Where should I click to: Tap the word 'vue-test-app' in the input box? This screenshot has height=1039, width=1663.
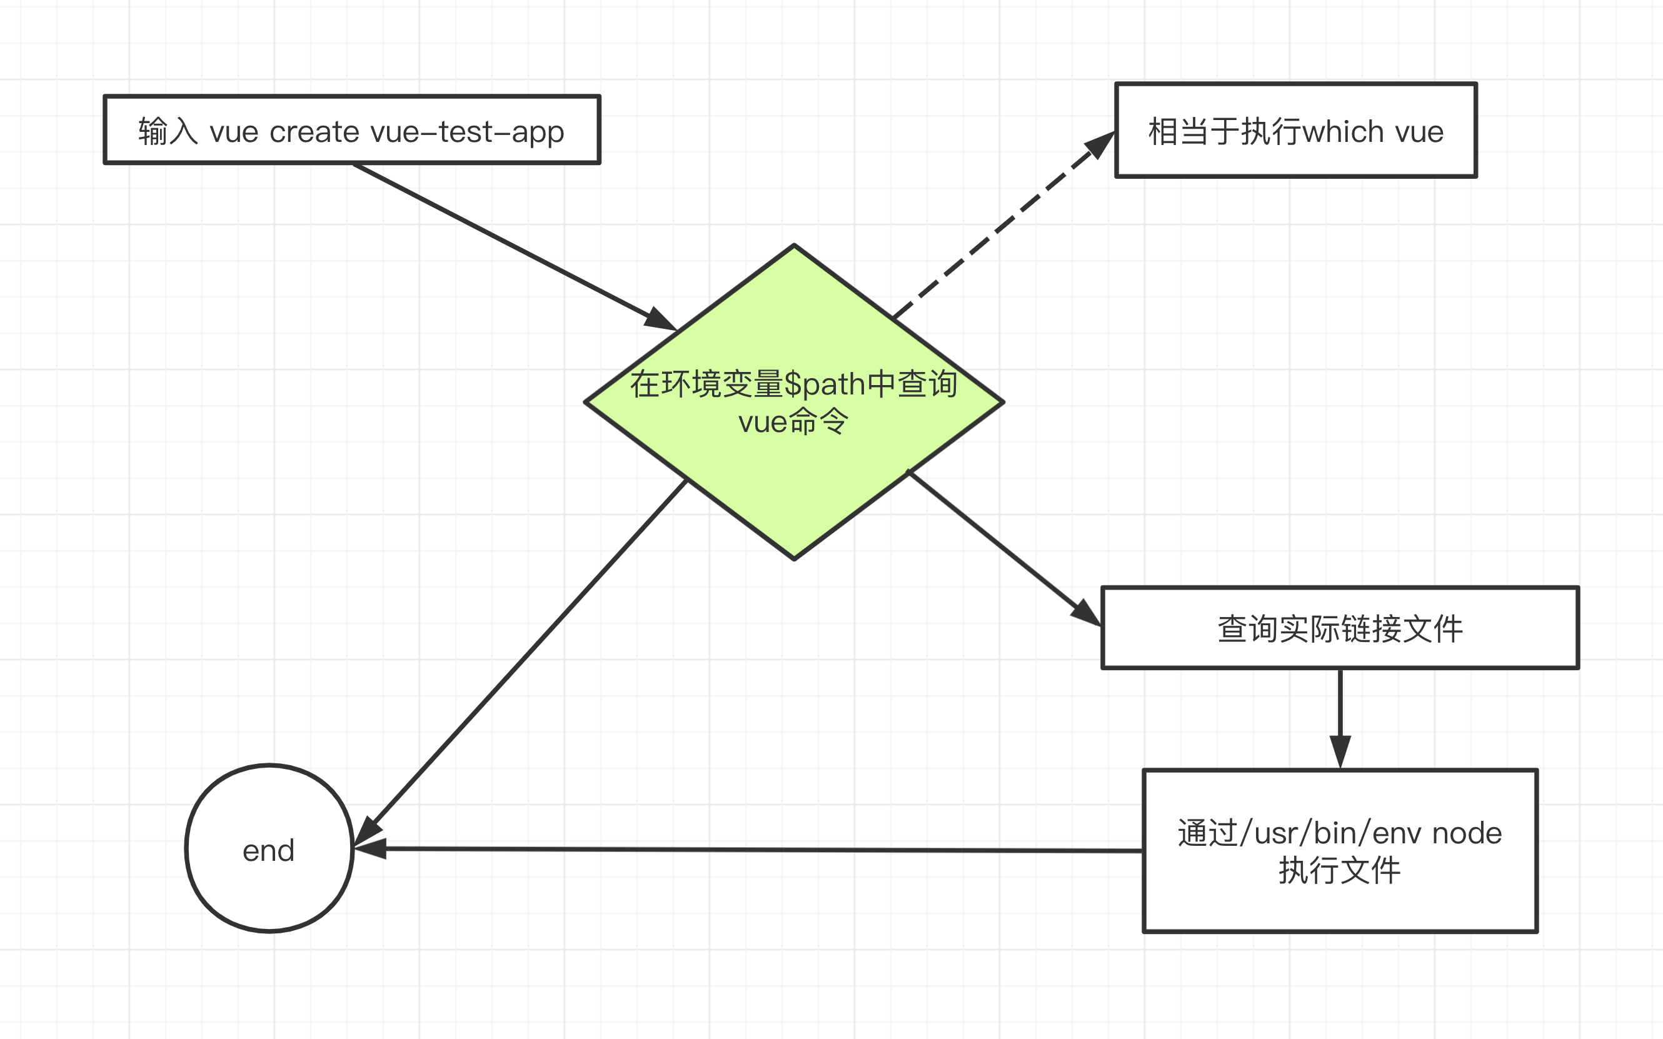click(x=466, y=131)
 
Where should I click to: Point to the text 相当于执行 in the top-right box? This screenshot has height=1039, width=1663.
click(x=1225, y=131)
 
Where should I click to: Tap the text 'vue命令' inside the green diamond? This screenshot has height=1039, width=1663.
click(x=794, y=421)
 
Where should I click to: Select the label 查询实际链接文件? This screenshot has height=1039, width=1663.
click(x=1340, y=628)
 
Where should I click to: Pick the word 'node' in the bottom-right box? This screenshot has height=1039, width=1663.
click(x=1467, y=833)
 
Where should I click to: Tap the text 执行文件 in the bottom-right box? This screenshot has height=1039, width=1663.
click(x=1339, y=871)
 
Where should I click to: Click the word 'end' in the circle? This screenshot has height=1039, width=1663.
click(x=269, y=851)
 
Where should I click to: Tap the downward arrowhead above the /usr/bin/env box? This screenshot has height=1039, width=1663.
click(x=1340, y=750)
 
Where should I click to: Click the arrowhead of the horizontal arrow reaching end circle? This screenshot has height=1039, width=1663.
click(x=369, y=849)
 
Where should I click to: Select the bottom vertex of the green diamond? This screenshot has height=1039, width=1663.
click(x=795, y=558)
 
